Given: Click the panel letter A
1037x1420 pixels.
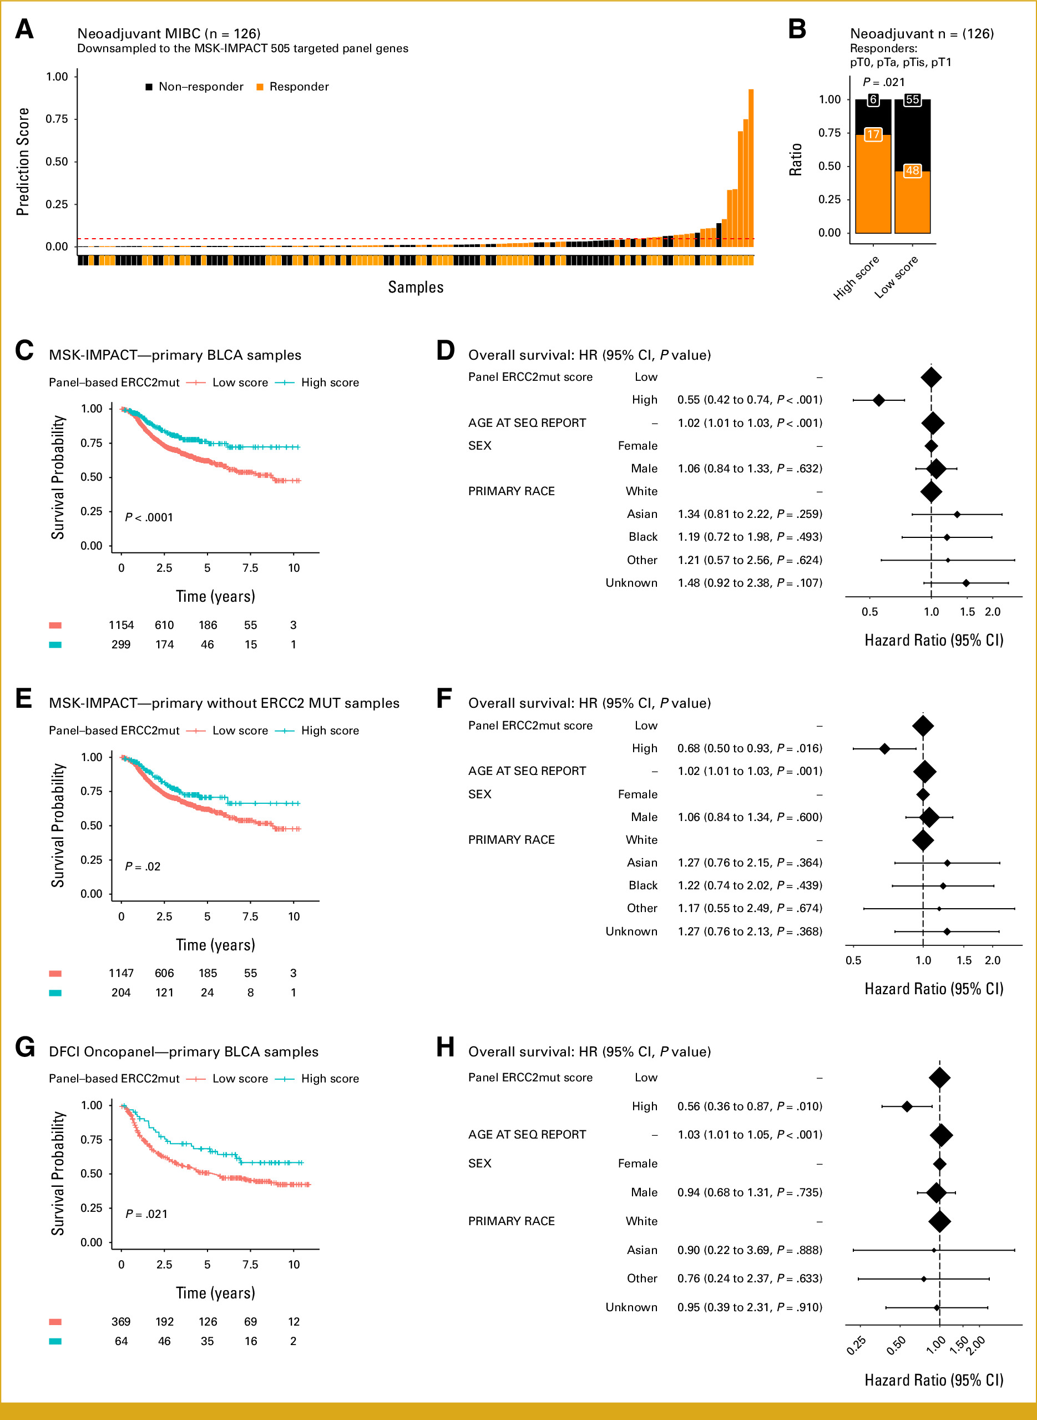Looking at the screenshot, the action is click(24, 29).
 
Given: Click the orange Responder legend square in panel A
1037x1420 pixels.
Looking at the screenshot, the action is click(260, 87).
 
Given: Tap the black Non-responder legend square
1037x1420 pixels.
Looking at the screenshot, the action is click(149, 87).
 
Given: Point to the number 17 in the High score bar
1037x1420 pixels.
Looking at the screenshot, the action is click(873, 134).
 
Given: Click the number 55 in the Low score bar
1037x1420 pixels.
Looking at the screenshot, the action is click(912, 100).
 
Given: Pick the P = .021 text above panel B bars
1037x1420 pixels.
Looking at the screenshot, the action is click(884, 82).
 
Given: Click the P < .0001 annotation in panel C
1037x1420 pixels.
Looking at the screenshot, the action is click(149, 517).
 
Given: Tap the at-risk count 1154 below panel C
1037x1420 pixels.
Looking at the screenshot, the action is click(121, 625).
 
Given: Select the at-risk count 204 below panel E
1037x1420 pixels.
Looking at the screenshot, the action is click(121, 993).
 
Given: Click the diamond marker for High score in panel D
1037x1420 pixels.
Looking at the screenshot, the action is click(879, 400).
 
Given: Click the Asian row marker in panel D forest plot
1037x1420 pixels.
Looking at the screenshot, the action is click(957, 515).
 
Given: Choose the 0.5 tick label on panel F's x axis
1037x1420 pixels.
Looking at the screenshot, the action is click(853, 960).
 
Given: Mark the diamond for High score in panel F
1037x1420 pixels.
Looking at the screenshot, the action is click(884, 749).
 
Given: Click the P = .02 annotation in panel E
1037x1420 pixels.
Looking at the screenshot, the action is click(143, 867).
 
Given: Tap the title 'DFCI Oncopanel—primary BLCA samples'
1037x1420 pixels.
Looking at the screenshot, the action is click(184, 1052).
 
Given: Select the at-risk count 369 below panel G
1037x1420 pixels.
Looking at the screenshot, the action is click(121, 1321).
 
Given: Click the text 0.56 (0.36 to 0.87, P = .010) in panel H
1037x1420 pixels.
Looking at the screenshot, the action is click(750, 1106).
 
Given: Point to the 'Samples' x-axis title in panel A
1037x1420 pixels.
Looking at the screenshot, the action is click(416, 288).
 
